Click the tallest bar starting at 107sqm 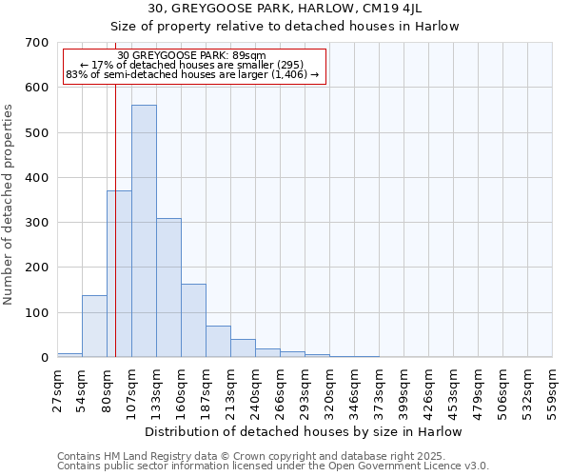[x=144, y=231]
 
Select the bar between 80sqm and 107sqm [x=119, y=274]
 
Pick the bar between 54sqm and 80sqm [x=94, y=327]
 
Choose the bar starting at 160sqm [x=193, y=321]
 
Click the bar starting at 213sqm [x=243, y=348]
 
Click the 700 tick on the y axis [x=37, y=43]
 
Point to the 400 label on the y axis [x=37, y=178]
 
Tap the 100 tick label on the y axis [x=37, y=313]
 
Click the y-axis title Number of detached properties [x=9, y=206]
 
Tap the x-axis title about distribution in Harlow [x=305, y=431]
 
